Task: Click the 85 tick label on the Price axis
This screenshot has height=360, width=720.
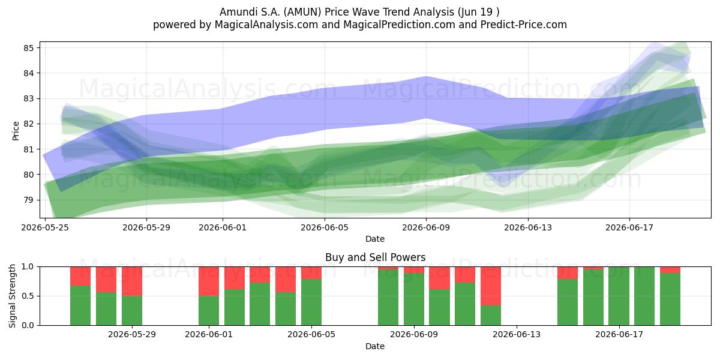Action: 28,48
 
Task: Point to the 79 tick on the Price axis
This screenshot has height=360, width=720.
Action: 28,200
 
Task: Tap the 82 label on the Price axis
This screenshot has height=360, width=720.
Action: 28,124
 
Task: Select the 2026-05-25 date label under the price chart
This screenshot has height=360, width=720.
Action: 45,227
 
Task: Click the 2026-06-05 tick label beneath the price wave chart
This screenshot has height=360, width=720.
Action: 325,227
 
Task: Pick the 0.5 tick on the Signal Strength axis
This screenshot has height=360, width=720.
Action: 28,296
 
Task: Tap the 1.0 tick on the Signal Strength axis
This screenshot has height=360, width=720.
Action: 28,267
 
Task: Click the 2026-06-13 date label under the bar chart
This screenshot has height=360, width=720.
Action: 517,335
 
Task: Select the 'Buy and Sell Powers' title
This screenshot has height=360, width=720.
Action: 375,257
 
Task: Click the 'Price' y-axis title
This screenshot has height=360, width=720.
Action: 16,131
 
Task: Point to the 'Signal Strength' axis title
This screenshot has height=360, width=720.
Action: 12,296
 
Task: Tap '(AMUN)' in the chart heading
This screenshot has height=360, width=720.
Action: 302,12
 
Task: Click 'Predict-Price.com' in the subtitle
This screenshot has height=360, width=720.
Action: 524,25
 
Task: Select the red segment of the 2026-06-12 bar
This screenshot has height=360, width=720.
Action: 491,286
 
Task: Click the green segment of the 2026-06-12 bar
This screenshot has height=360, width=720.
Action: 491,316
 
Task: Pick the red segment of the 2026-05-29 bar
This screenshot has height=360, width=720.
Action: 132,281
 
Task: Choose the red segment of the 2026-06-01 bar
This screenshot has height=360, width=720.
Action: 209,281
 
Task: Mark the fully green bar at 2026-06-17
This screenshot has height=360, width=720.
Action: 619,296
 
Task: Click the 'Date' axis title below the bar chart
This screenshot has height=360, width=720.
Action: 375,346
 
